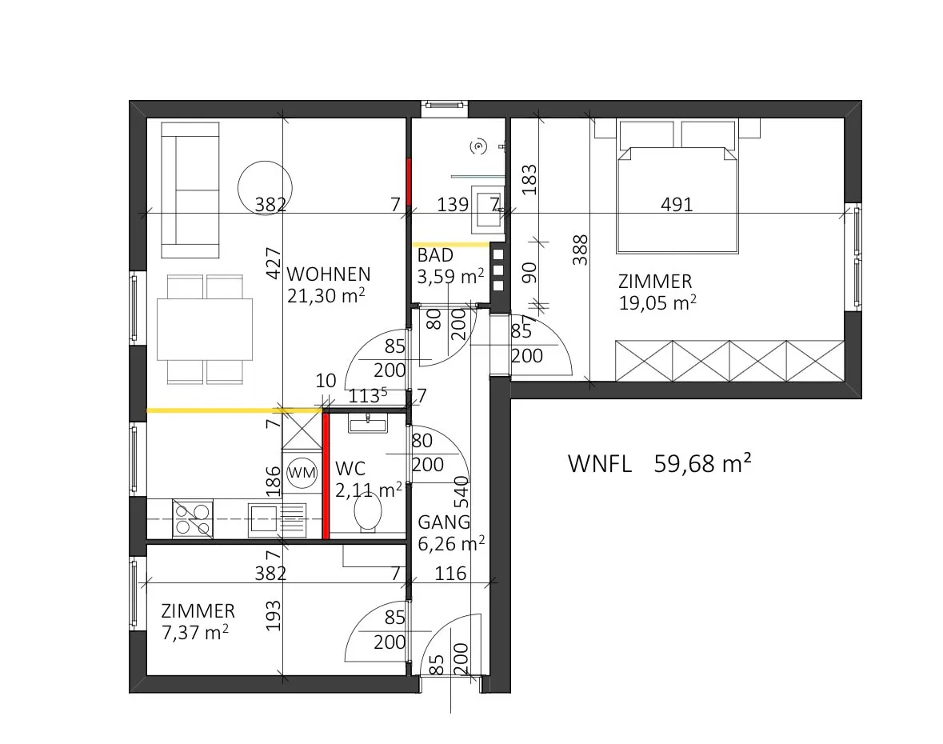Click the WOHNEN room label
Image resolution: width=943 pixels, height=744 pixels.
click(329, 274)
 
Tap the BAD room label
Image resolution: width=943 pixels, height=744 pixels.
click(435, 256)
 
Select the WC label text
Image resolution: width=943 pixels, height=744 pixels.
click(350, 469)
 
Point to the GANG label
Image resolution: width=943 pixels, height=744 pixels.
click(444, 522)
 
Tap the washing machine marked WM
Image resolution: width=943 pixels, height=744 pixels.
click(302, 472)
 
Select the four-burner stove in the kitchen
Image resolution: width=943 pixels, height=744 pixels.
click(193, 519)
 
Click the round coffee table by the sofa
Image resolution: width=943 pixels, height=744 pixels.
click(265, 188)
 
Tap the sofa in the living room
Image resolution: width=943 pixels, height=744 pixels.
click(190, 190)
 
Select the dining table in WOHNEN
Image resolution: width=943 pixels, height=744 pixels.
click(205, 330)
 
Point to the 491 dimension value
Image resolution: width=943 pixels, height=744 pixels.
click(677, 205)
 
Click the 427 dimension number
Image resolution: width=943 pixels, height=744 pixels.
click(274, 263)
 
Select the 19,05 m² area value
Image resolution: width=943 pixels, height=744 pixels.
click(657, 302)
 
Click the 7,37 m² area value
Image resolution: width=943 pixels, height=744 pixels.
click(195, 632)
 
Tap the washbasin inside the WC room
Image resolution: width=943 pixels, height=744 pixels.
click(368, 423)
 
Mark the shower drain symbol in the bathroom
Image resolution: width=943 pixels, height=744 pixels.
click(479, 146)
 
